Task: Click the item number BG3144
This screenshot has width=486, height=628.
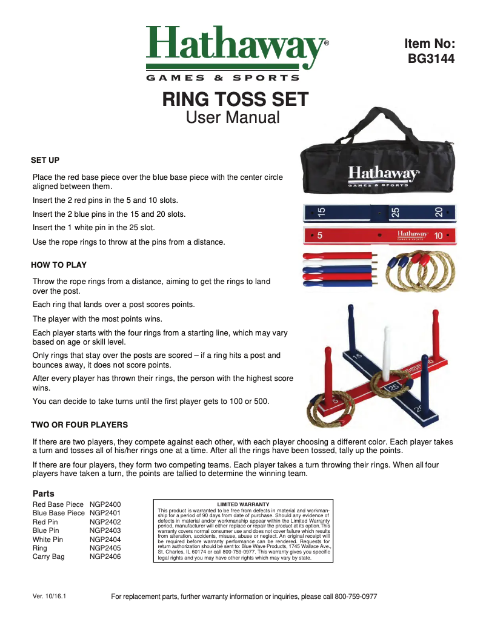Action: pos(431,59)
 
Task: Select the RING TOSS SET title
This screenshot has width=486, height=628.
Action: pos(235,99)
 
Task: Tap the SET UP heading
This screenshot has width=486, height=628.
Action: pos(45,160)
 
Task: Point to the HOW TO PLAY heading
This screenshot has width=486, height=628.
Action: pos(59,265)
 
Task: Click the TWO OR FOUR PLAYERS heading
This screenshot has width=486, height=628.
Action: pos(79,425)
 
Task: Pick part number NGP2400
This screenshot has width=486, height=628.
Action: pos(105,504)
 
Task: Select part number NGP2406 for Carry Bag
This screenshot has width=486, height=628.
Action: pos(105,557)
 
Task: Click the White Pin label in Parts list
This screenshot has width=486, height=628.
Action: pos(48,539)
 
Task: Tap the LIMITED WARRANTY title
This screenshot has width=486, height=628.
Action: pos(243,504)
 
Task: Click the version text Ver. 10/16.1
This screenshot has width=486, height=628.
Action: pos(49,597)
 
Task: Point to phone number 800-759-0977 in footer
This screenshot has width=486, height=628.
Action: pos(356,597)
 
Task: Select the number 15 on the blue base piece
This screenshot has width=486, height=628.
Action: pos(321,213)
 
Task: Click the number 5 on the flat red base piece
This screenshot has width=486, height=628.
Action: pos(319,234)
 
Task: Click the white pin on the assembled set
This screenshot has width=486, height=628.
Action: pos(386,354)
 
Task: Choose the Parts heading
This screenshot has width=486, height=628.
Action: pos(43,494)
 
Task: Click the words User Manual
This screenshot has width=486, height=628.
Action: pos(233,117)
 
